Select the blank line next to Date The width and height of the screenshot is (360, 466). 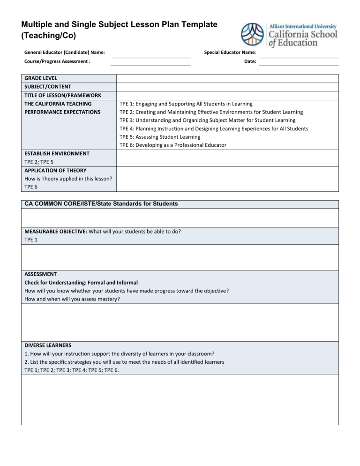pyautogui.click(x=299, y=65)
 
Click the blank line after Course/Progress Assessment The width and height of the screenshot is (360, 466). pyautogui.click(x=150, y=65)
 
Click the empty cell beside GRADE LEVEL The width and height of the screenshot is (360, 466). pyautogui.click(x=227, y=78)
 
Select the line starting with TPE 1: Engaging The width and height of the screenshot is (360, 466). pyautogui.click(x=186, y=104)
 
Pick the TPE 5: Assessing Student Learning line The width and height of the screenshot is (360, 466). pyautogui.click(x=160, y=137)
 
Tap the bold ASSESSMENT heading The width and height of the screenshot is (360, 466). pyautogui.click(x=40, y=274)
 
